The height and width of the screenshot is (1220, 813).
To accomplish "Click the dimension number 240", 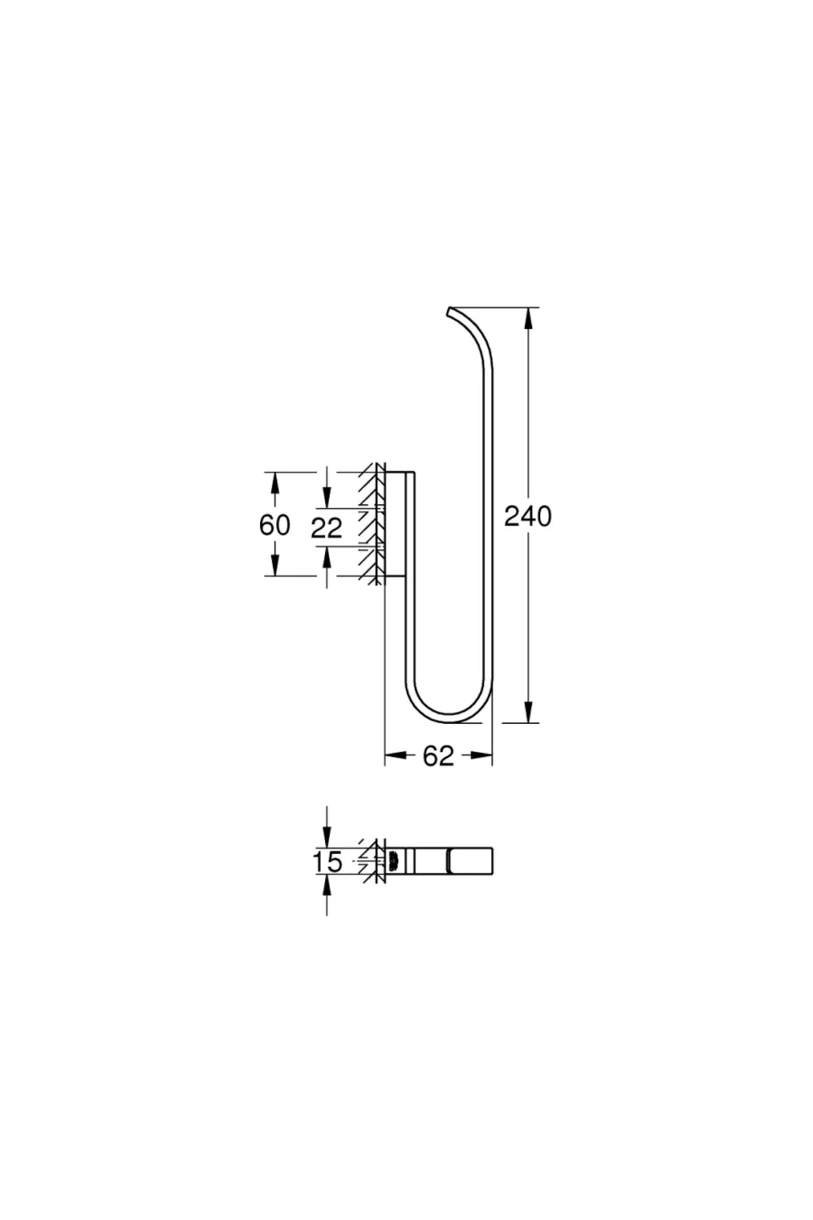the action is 528,517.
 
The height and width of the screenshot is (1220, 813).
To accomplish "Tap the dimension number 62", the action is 438,756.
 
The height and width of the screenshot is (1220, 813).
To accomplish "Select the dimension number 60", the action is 274,525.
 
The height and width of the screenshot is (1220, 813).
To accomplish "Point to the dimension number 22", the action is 327,527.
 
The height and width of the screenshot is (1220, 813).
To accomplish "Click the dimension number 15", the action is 327,862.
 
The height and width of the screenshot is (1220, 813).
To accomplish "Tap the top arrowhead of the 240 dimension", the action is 528,319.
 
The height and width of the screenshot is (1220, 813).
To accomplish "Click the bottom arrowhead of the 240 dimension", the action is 528,711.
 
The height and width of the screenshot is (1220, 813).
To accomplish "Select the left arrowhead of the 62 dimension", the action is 396,755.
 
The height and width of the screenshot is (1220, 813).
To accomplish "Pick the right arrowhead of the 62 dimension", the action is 481,755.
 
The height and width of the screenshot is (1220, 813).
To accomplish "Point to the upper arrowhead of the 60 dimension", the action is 274,483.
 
